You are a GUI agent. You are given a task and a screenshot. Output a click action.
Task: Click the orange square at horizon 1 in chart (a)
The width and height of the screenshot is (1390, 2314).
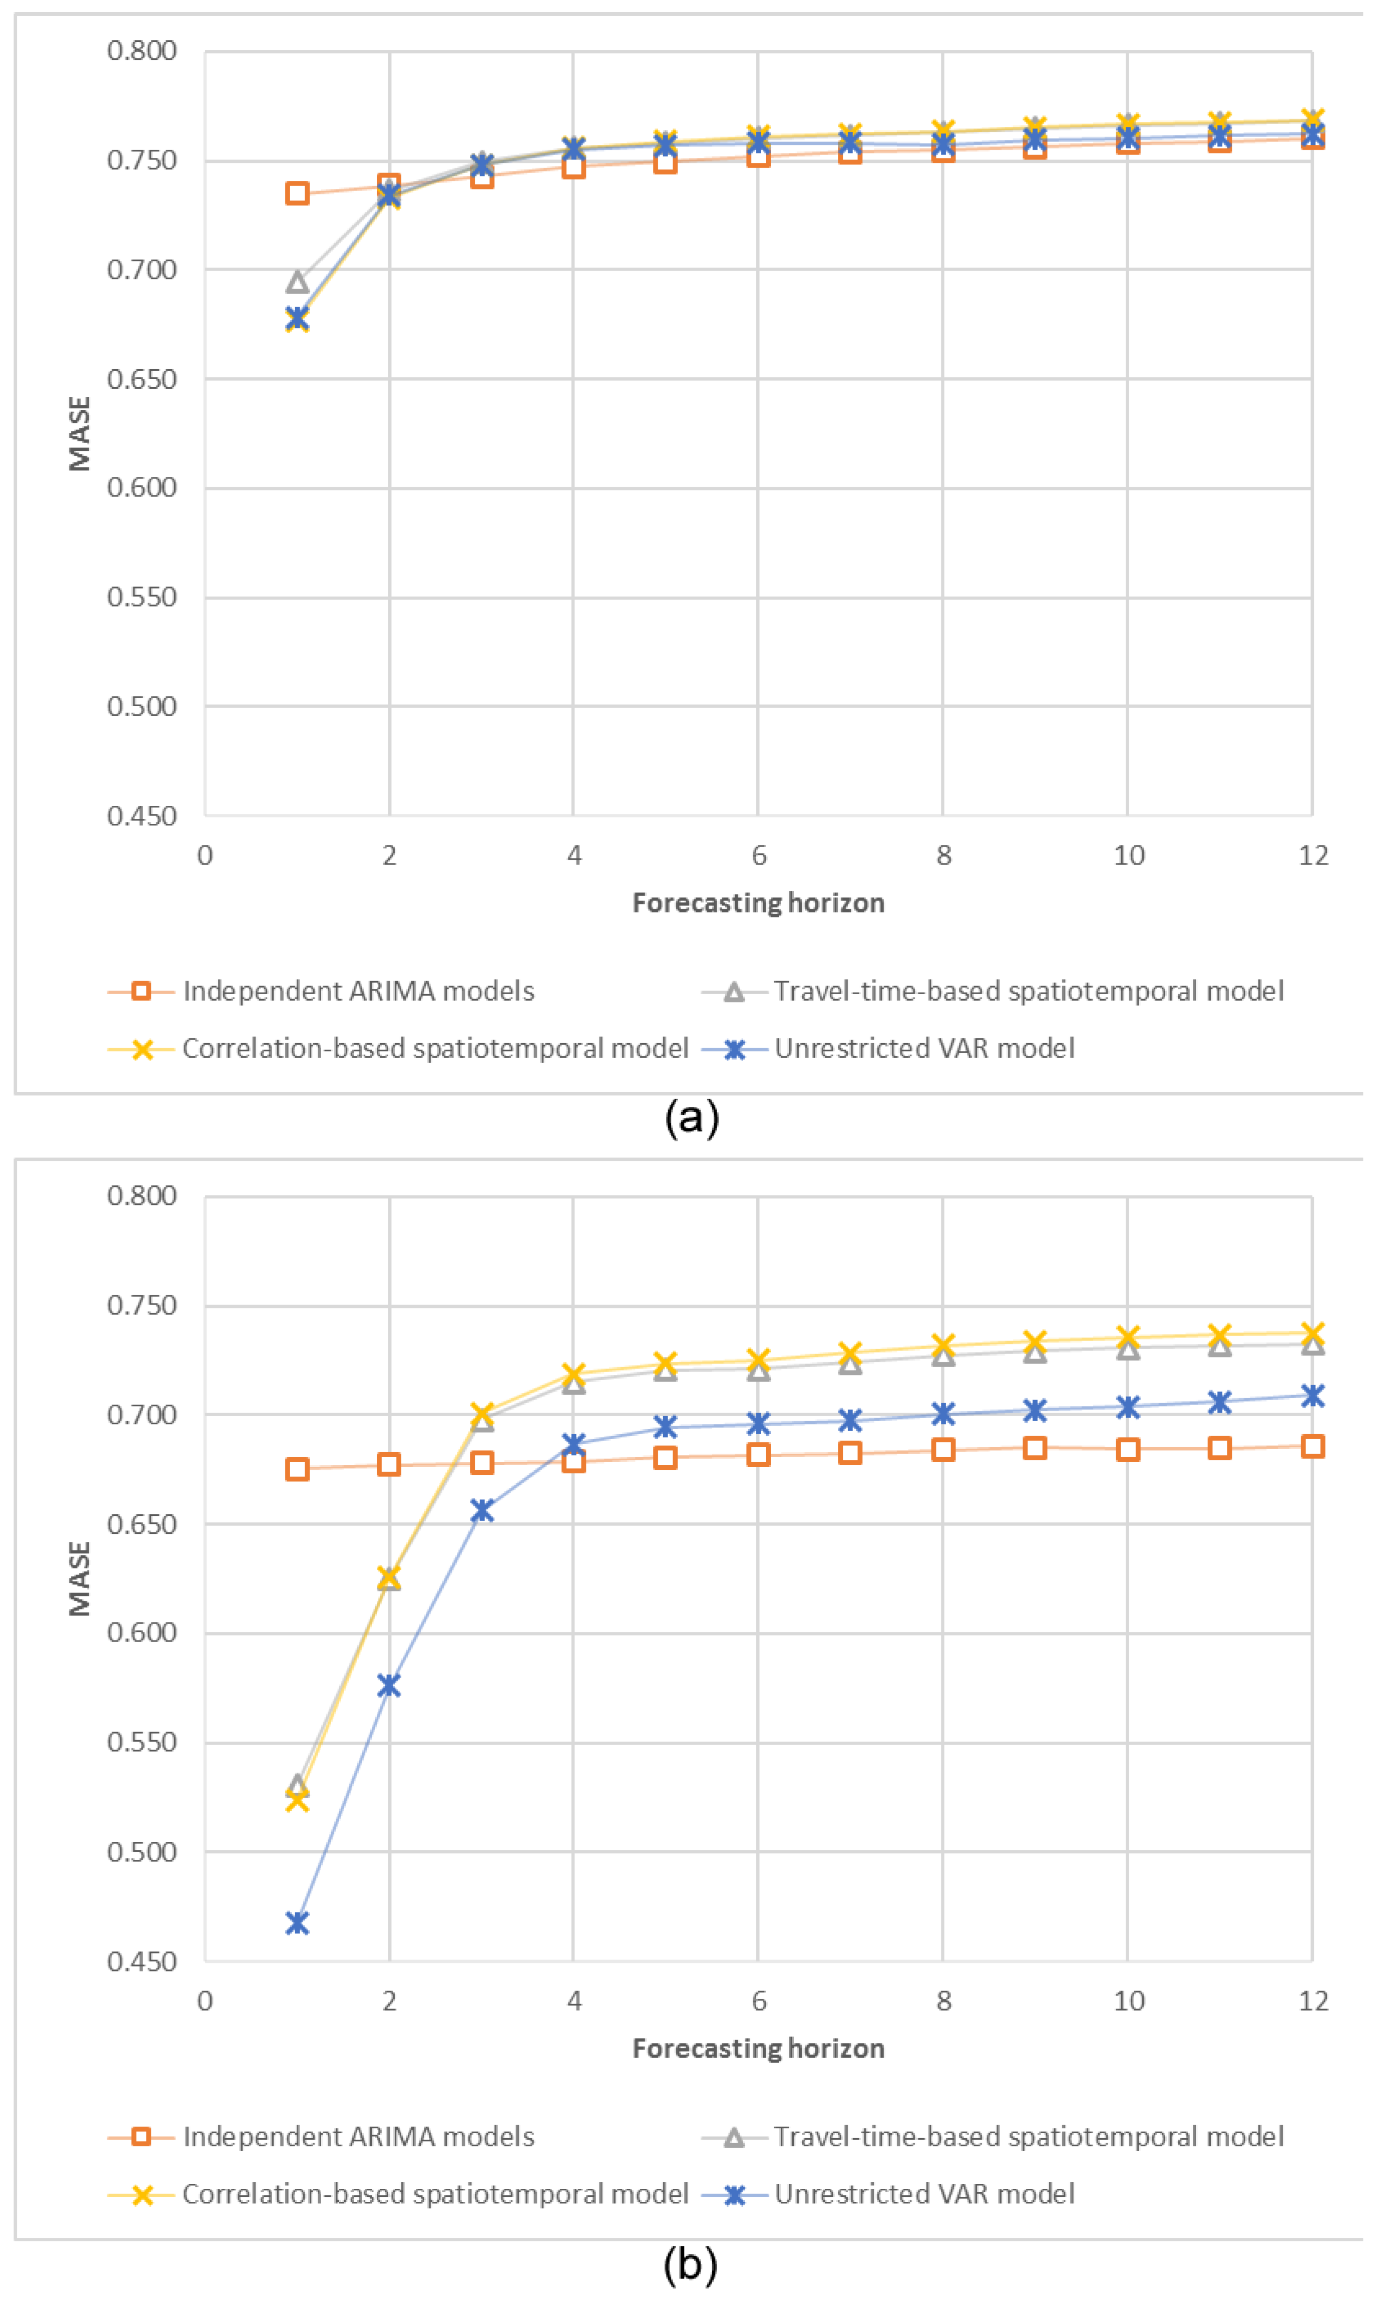(297, 194)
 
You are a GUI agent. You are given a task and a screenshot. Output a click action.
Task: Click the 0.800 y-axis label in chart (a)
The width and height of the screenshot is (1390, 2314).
(142, 51)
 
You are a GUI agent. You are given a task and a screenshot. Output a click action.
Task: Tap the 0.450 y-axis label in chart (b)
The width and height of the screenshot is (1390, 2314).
(142, 1962)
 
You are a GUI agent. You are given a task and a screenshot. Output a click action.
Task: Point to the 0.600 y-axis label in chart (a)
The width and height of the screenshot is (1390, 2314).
(142, 488)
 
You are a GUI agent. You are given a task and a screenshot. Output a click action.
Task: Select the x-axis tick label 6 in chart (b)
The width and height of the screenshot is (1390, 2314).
(758, 2001)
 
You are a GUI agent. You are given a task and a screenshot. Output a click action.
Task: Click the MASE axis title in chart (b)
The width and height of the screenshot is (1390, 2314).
(79, 1579)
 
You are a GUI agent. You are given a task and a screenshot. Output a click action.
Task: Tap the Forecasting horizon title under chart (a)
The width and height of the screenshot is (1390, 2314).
(758, 903)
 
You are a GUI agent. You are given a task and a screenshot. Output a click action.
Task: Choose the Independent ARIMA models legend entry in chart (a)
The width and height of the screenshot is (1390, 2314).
(358, 991)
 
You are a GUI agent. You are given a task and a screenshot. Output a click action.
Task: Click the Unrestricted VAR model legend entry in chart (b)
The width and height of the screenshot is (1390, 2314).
(923, 2194)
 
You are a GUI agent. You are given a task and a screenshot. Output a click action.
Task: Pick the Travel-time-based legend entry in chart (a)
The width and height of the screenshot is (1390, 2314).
(1027, 991)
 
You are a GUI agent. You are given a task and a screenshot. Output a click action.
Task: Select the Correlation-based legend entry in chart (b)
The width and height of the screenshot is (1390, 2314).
(434, 2194)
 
